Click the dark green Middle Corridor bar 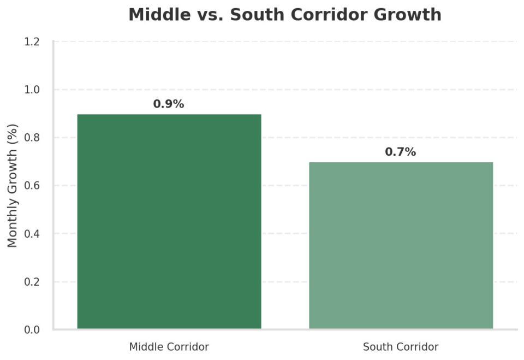pos(169,221)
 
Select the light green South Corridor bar pos(401,245)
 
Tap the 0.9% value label pos(169,104)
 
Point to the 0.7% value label pos(401,152)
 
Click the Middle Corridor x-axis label pos(169,347)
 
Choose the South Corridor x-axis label pos(401,347)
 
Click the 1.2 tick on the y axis pos(32,42)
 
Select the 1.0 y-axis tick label pos(32,90)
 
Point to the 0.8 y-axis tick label pos(32,138)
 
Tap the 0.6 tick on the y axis pos(32,186)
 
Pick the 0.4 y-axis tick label pos(32,234)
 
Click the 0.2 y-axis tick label pos(32,282)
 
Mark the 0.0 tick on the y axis pos(32,330)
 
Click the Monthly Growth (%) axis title pos(13,186)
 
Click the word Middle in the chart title pos(155,15)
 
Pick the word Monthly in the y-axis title pos(13,227)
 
